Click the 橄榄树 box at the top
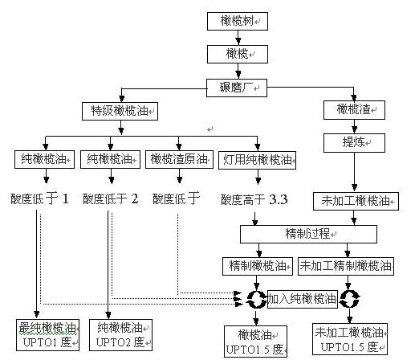(238, 21)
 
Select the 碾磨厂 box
(237, 88)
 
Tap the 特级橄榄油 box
(120, 111)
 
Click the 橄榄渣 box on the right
(354, 110)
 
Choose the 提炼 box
(354, 143)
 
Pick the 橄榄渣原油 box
(179, 160)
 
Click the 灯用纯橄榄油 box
(257, 160)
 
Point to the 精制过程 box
(308, 234)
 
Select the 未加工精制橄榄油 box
(346, 266)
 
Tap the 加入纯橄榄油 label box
(303, 299)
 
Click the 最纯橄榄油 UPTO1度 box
(47, 335)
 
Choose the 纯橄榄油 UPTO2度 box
(120, 335)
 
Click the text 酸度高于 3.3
(254, 199)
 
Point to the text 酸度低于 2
(111, 198)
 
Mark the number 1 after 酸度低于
(65, 198)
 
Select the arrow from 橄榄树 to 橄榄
(238, 38)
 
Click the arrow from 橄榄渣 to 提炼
(354, 127)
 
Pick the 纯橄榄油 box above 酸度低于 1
(44, 160)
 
